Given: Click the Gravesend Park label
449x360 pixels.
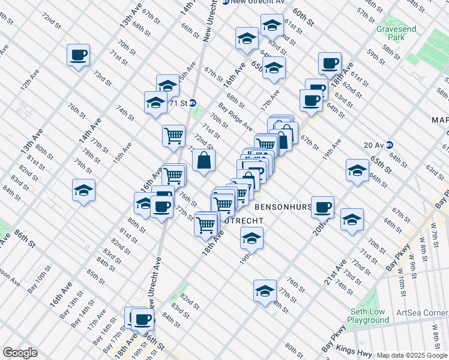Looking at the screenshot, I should coord(391,32).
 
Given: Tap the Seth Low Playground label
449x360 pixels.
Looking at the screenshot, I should coord(367,316).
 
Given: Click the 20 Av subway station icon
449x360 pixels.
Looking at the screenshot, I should coord(389,144).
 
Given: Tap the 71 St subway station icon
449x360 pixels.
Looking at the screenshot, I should coord(193,103).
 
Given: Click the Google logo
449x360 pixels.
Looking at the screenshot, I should coord(20,353).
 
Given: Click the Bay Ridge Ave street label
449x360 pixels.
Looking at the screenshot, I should coord(235,117).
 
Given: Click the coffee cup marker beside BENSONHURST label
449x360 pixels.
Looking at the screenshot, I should coord(323,207).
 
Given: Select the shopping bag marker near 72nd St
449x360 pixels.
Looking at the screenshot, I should coord(203,160).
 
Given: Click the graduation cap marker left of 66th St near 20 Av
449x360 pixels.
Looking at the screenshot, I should coord(357,170).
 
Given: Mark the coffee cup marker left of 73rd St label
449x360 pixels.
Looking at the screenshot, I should coord(78,55).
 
